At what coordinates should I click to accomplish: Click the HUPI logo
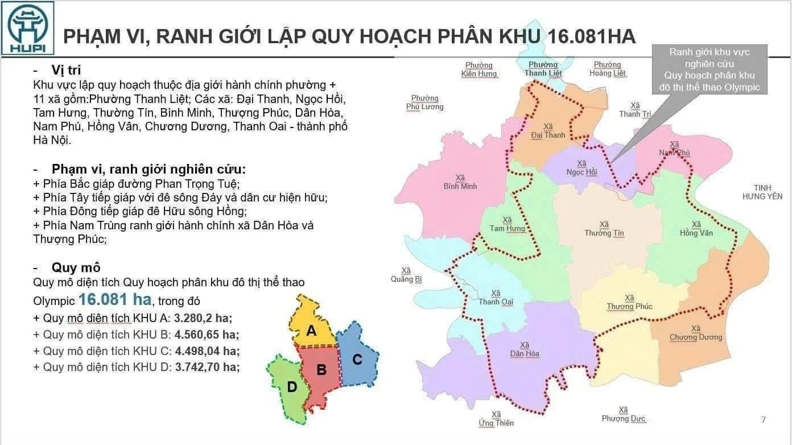tap(27, 28)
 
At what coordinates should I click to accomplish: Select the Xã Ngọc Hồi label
tap(581, 168)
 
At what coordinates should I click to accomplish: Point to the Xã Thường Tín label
tap(604, 229)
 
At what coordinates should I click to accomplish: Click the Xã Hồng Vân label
tap(696, 229)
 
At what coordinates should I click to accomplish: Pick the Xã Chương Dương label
tap(695, 333)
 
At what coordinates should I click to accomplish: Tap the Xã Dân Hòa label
tap(525, 349)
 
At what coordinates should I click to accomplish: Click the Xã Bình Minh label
tap(460, 182)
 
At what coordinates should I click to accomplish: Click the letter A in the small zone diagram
tap(311, 330)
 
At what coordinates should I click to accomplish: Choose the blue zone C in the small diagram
tap(357, 359)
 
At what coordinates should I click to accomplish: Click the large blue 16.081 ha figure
tap(115, 299)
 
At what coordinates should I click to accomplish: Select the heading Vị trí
tap(66, 70)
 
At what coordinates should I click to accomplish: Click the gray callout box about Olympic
tap(709, 69)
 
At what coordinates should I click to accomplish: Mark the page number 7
tap(763, 420)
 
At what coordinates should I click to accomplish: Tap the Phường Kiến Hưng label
tap(479, 69)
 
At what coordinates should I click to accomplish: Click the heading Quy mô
tap(76, 267)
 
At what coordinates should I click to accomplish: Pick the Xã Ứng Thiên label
tap(496, 419)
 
